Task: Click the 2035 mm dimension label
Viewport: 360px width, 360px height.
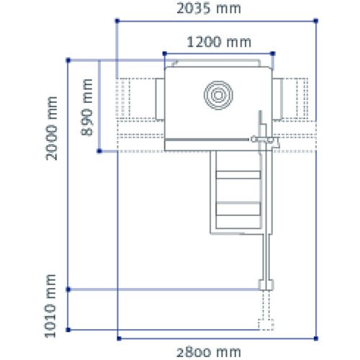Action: (x=210, y=9)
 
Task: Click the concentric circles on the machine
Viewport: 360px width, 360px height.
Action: (x=219, y=94)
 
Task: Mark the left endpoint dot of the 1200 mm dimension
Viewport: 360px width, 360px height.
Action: (x=164, y=53)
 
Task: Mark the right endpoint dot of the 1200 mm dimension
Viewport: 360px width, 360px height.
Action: (x=274, y=53)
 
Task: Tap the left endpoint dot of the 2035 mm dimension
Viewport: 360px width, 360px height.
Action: (x=117, y=22)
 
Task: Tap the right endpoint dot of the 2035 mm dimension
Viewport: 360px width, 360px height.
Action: (x=315, y=22)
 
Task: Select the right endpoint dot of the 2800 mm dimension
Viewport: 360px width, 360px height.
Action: (x=315, y=336)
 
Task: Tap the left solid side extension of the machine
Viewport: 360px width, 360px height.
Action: (x=159, y=96)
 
